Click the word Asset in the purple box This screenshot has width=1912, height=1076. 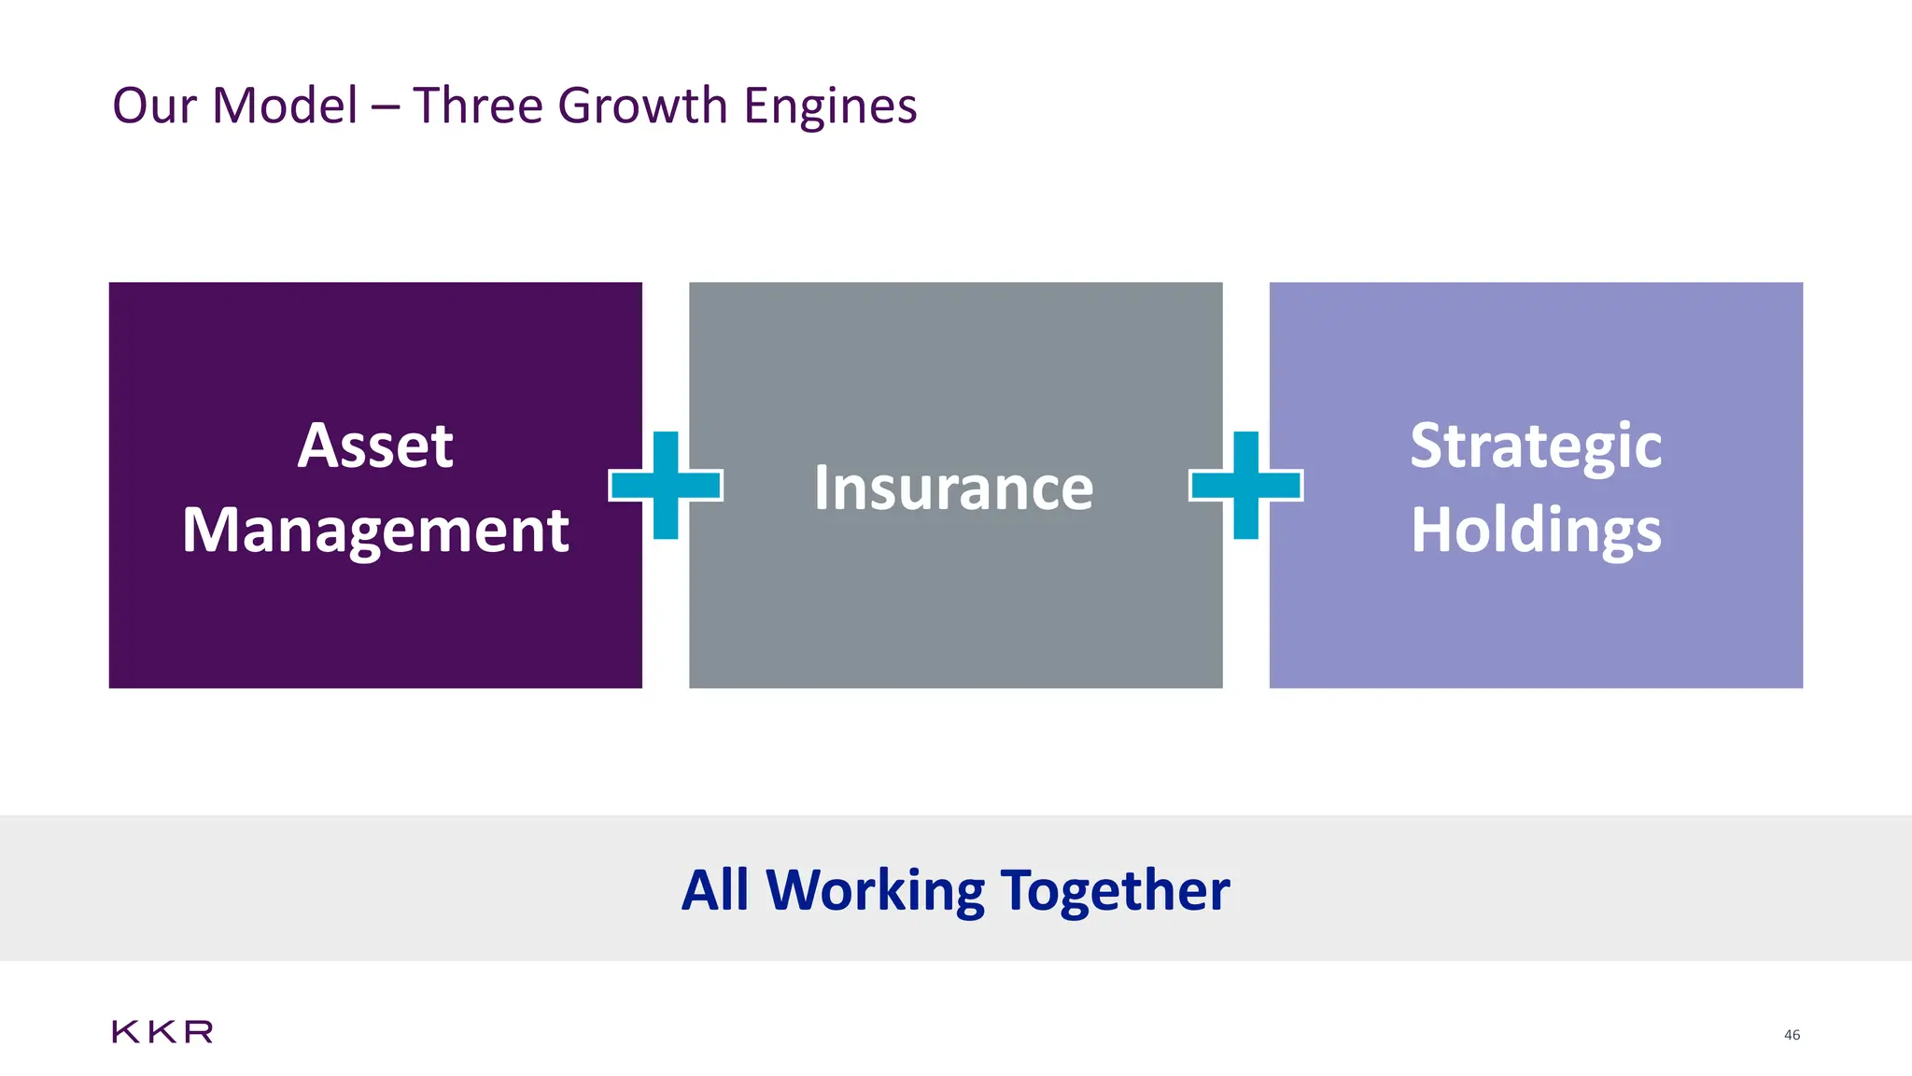(x=375, y=446)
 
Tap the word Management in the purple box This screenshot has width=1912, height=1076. (x=375, y=531)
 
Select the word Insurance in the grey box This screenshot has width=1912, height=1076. (x=953, y=488)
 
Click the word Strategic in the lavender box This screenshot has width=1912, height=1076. (x=1536, y=446)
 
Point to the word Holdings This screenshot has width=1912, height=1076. (x=1536, y=531)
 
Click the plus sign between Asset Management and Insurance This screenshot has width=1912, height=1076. (x=666, y=486)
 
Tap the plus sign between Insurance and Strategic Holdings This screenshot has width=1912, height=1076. (x=1245, y=486)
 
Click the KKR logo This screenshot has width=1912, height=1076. (x=162, y=1032)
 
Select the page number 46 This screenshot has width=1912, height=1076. (x=1792, y=1035)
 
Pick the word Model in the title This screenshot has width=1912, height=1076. (x=285, y=106)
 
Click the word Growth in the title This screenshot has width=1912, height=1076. (x=642, y=106)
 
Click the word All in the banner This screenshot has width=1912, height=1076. (x=715, y=890)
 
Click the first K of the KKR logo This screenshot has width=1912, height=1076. (x=125, y=1032)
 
